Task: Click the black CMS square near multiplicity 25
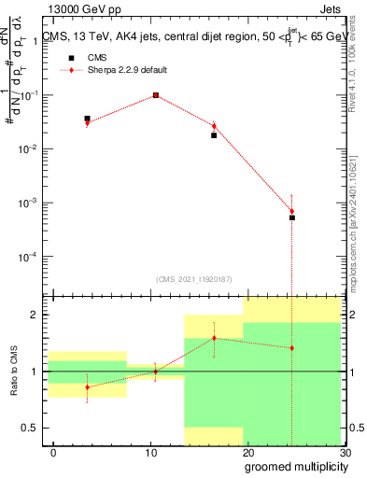[292, 218]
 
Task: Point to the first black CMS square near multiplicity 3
[87, 119]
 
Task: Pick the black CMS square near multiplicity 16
[214, 135]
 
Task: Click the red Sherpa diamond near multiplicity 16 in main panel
[214, 126]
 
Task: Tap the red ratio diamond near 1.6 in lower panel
[214, 338]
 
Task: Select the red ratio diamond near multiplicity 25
[292, 348]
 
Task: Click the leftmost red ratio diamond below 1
[87, 387]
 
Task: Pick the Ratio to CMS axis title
[13, 372]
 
